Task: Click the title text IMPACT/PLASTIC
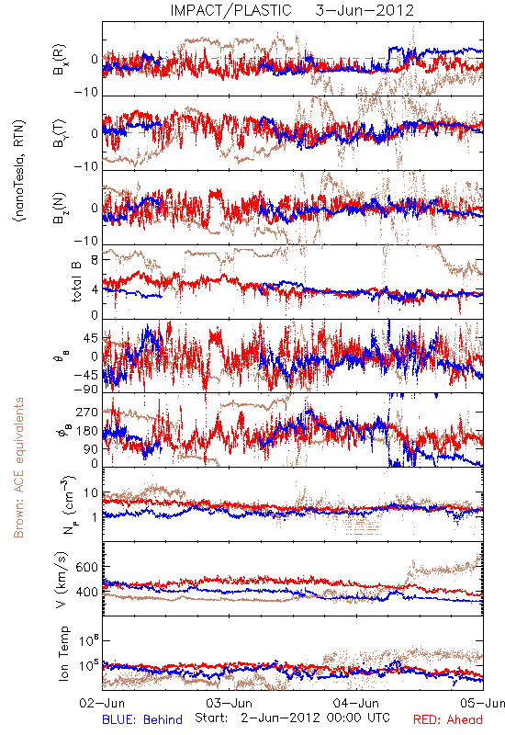click(x=230, y=10)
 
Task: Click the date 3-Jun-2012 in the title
click(x=365, y=10)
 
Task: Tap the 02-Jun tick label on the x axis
click(x=102, y=704)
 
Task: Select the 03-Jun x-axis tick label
click(x=229, y=704)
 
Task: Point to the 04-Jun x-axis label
click(x=356, y=704)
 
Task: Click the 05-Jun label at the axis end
click(x=482, y=704)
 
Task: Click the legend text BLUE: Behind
click(x=142, y=720)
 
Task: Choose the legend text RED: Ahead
click(x=448, y=720)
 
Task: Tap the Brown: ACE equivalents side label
click(x=18, y=468)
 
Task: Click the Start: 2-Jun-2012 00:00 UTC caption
click(x=292, y=718)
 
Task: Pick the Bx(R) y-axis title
click(x=60, y=60)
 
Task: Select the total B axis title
click(x=76, y=282)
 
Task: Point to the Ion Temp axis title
click(x=63, y=653)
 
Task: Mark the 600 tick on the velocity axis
click(x=86, y=567)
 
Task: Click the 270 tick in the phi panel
click(x=86, y=413)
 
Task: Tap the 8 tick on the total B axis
click(x=95, y=260)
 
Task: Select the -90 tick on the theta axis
click(x=85, y=390)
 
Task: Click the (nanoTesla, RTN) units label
click(x=19, y=171)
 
